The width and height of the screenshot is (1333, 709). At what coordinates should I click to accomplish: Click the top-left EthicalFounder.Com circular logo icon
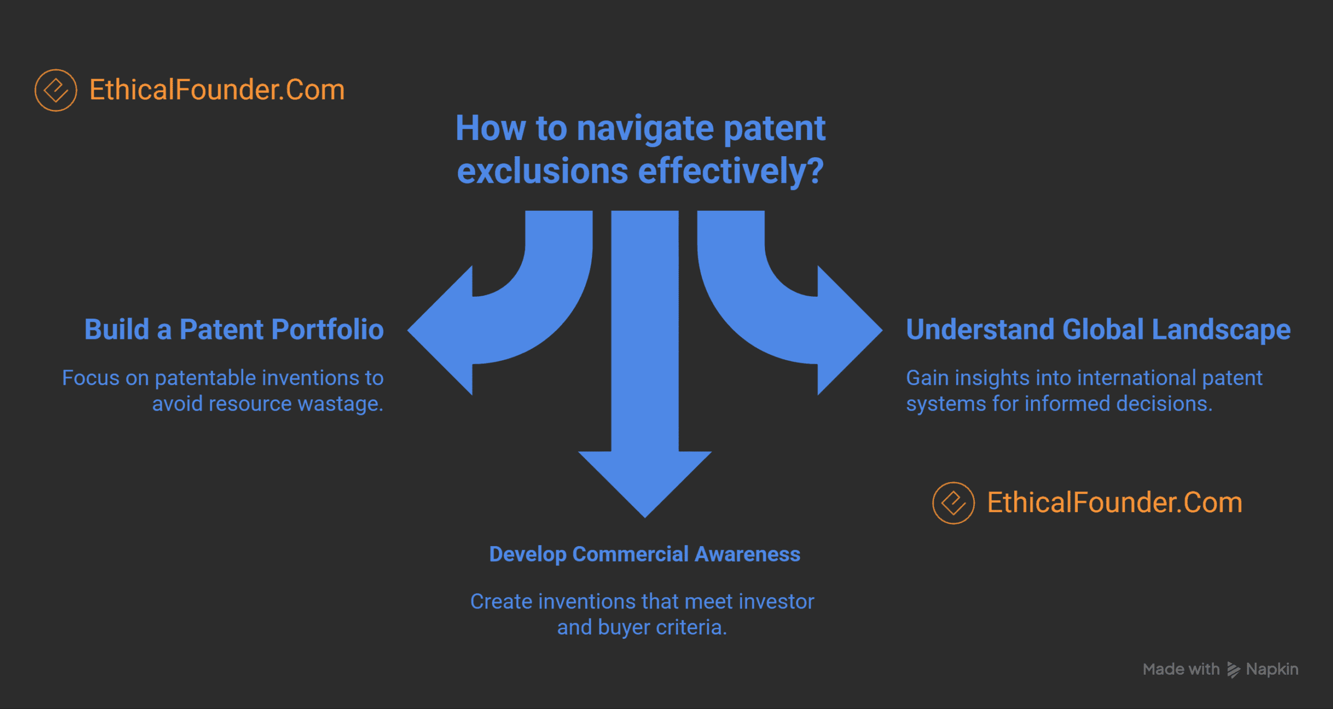56,90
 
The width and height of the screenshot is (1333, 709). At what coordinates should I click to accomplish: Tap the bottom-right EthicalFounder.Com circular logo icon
953,503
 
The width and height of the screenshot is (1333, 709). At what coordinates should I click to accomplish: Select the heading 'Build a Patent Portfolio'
234,330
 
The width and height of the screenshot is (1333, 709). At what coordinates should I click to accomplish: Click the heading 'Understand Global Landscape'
1098,330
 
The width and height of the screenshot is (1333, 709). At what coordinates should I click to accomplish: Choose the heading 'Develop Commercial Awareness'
645,554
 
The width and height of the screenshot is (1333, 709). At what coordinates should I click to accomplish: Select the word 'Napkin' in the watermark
1272,669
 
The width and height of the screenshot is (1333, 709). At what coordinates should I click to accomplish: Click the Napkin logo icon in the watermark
1233,669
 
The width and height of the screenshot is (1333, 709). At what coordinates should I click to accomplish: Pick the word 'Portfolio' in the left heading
328,330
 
